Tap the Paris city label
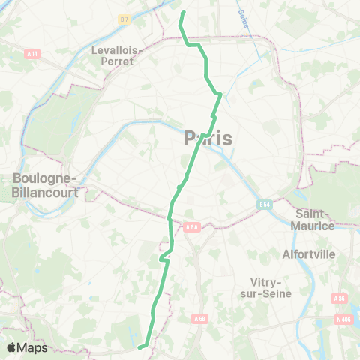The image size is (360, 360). click(208, 138)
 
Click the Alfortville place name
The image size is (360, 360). click(308, 253)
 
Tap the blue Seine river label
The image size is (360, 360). click(243, 17)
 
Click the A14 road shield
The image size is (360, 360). click(32, 54)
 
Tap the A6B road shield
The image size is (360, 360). click(199, 319)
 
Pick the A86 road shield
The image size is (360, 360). click(340, 298)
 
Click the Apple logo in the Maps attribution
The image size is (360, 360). click(12, 347)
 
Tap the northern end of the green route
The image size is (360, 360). click(183, 12)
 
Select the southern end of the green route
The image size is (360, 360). click(139, 346)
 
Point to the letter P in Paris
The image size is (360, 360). click(190, 138)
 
